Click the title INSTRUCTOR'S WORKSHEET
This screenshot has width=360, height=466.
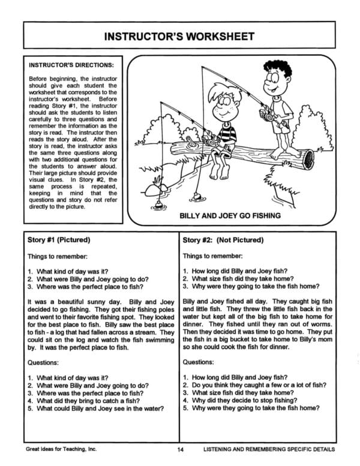click(180, 35)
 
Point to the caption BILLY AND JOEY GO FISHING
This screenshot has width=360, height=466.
click(230, 215)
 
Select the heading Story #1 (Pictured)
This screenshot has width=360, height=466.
click(59, 240)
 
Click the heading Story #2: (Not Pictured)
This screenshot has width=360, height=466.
click(223, 240)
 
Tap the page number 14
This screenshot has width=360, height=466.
click(180, 450)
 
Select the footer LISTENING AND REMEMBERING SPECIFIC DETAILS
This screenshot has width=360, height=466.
click(269, 450)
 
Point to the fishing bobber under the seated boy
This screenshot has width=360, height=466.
click(197, 196)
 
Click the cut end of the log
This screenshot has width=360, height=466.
click(308, 158)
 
